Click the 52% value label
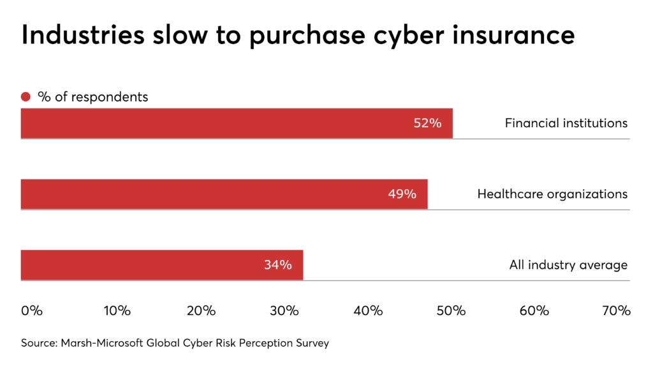pos(427,123)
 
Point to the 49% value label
pos(402,194)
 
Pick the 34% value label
pos(278,265)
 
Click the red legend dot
pos(26,97)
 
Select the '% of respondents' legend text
pos(93,97)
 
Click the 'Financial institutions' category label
pos(566,123)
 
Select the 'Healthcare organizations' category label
pos(552,194)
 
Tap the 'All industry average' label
pos(568,265)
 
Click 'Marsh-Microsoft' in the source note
pos(103,343)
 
